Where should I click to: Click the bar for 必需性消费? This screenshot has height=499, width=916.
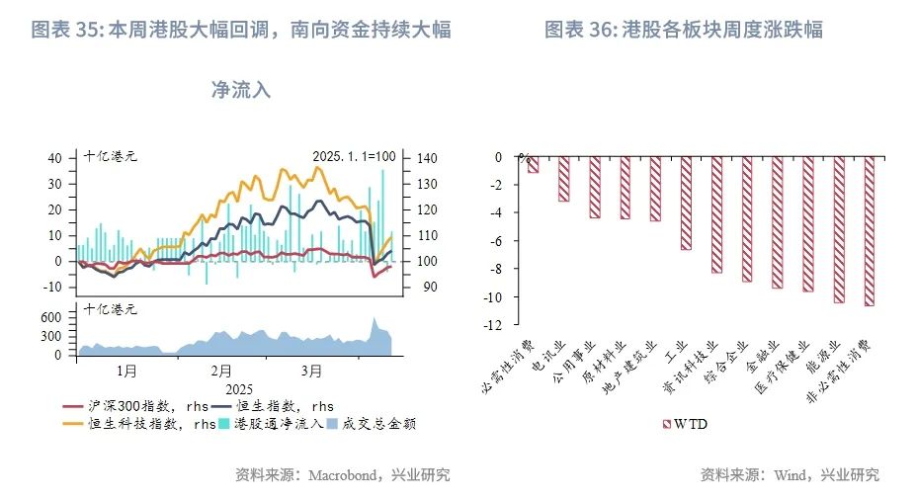pos(534,165)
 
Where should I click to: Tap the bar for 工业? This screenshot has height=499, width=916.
pos(686,203)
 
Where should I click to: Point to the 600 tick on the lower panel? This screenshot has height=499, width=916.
pos(50,317)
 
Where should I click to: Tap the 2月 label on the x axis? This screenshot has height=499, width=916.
pos(221,372)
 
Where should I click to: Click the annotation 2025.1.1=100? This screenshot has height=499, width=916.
pos(354,156)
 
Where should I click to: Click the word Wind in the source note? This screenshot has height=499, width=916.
pos(791,475)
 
